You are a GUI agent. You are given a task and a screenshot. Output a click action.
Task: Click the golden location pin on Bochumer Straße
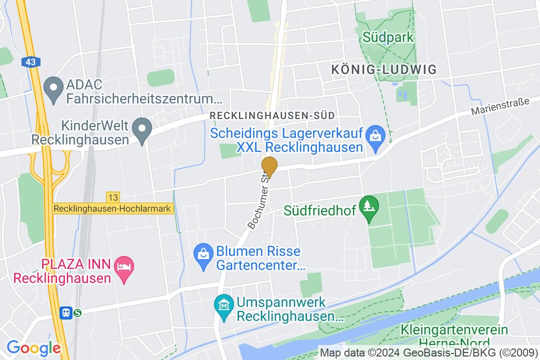pyautogui.click(x=269, y=166)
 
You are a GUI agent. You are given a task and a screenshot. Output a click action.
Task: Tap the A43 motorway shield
pyautogui.click(x=29, y=62)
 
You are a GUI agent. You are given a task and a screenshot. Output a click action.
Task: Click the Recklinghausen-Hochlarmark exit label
pyautogui.click(x=113, y=209)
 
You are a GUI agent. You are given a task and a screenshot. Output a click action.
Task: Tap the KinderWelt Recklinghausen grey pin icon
pyautogui.click(x=142, y=132)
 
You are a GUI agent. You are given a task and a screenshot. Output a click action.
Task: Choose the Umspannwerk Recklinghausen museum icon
pyautogui.click(x=222, y=303)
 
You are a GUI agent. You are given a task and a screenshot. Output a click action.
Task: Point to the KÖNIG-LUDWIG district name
pyautogui.click(x=383, y=69)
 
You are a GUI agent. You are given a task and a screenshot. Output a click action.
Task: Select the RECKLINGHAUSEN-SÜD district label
pyautogui.click(x=272, y=115)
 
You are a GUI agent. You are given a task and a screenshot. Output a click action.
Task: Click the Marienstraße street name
pyautogui.click(x=500, y=106)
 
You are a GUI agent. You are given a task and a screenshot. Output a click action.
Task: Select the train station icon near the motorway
pyautogui.click(x=65, y=313)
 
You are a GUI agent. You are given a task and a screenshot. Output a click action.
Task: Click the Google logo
pyautogui.click(x=33, y=347)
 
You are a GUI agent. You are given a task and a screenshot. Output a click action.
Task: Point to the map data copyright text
pyautogui.click(x=429, y=351)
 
